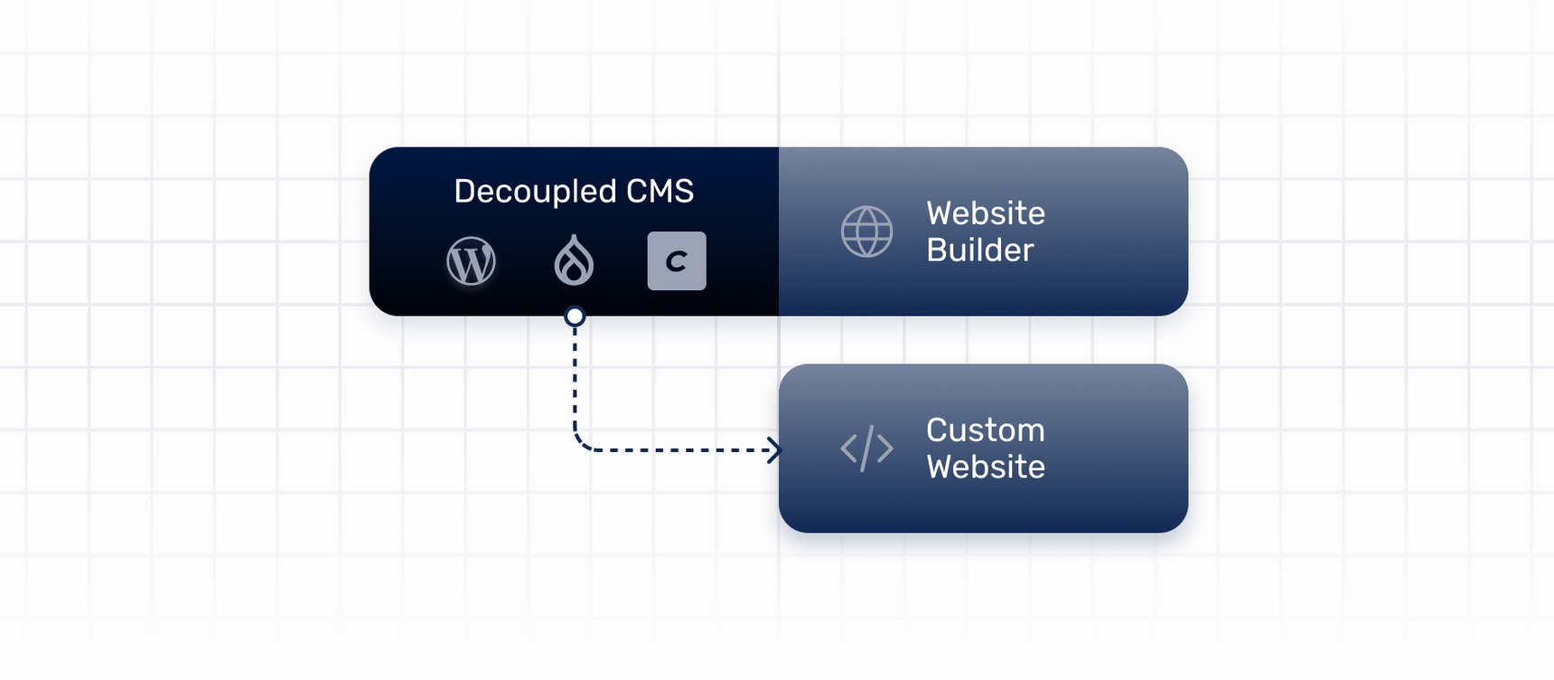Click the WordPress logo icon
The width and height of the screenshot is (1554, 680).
[x=471, y=261]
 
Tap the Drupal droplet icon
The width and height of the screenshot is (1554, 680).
[x=574, y=261]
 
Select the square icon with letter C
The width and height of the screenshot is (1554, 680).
[x=677, y=261]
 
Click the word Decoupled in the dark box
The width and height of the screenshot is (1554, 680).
[x=535, y=192]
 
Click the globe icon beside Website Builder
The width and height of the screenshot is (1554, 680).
[x=866, y=231]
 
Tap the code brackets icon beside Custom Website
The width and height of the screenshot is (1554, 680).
[x=866, y=449]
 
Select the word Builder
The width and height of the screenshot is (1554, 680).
[x=979, y=250]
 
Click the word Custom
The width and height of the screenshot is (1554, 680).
[x=985, y=430]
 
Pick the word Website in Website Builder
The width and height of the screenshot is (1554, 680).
[x=985, y=213]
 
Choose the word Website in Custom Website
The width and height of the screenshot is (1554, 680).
[x=985, y=467]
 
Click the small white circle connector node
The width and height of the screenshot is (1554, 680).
[x=575, y=316]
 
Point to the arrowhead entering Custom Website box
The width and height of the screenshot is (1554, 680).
[x=774, y=449]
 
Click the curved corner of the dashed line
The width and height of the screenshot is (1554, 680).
[x=580, y=443]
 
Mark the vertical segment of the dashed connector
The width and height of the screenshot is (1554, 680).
[x=575, y=380]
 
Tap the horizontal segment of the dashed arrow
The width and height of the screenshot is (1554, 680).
[x=678, y=449]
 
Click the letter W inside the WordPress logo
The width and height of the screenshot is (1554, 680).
[x=472, y=262]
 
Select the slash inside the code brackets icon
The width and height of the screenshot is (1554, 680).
[x=866, y=449]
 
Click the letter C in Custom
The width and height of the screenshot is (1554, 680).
[x=938, y=430]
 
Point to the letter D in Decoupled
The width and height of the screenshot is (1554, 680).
[x=464, y=192]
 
